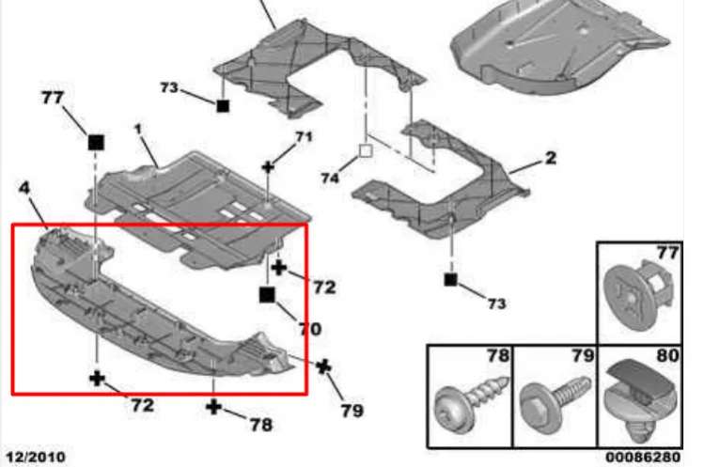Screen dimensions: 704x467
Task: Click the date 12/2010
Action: pyautogui.click(x=36, y=457)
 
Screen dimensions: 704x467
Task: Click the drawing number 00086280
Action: pyautogui.click(x=643, y=457)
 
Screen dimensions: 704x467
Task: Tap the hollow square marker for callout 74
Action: pyautogui.click(x=366, y=151)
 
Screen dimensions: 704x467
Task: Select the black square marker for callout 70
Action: pyautogui.click(x=267, y=295)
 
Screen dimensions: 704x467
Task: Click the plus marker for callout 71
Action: pyautogui.click(x=268, y=167)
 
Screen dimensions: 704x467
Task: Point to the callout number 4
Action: pyautogui.click(x=24, y=188)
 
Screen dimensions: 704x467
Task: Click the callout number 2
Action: pyautogui.click(x=551, y=158)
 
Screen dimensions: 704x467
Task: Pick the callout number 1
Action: pyautogui.click(x=138, y=129)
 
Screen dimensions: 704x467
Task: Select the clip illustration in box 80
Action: pyautogui.click(x=639, y=402)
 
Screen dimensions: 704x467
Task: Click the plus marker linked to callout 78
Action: pyautogui.click(x=213, y=407)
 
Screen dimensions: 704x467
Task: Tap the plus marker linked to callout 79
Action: pyautogui.click(x=323, y=366)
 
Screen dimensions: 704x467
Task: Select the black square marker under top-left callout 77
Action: pyautogui.click(x=96, y=142)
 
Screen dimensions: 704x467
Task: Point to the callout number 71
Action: pyautogui.click(x=304, y=136)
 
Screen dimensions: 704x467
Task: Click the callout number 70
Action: pyautogui.click(x=310, y=329)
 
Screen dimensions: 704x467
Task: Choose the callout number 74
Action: pyautogui.click(x=330, y=179)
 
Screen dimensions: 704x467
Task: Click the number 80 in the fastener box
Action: pyautogui.click(x=667, y=355)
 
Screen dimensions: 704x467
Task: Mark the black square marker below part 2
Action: pyautogui.click(x=450, y=280)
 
